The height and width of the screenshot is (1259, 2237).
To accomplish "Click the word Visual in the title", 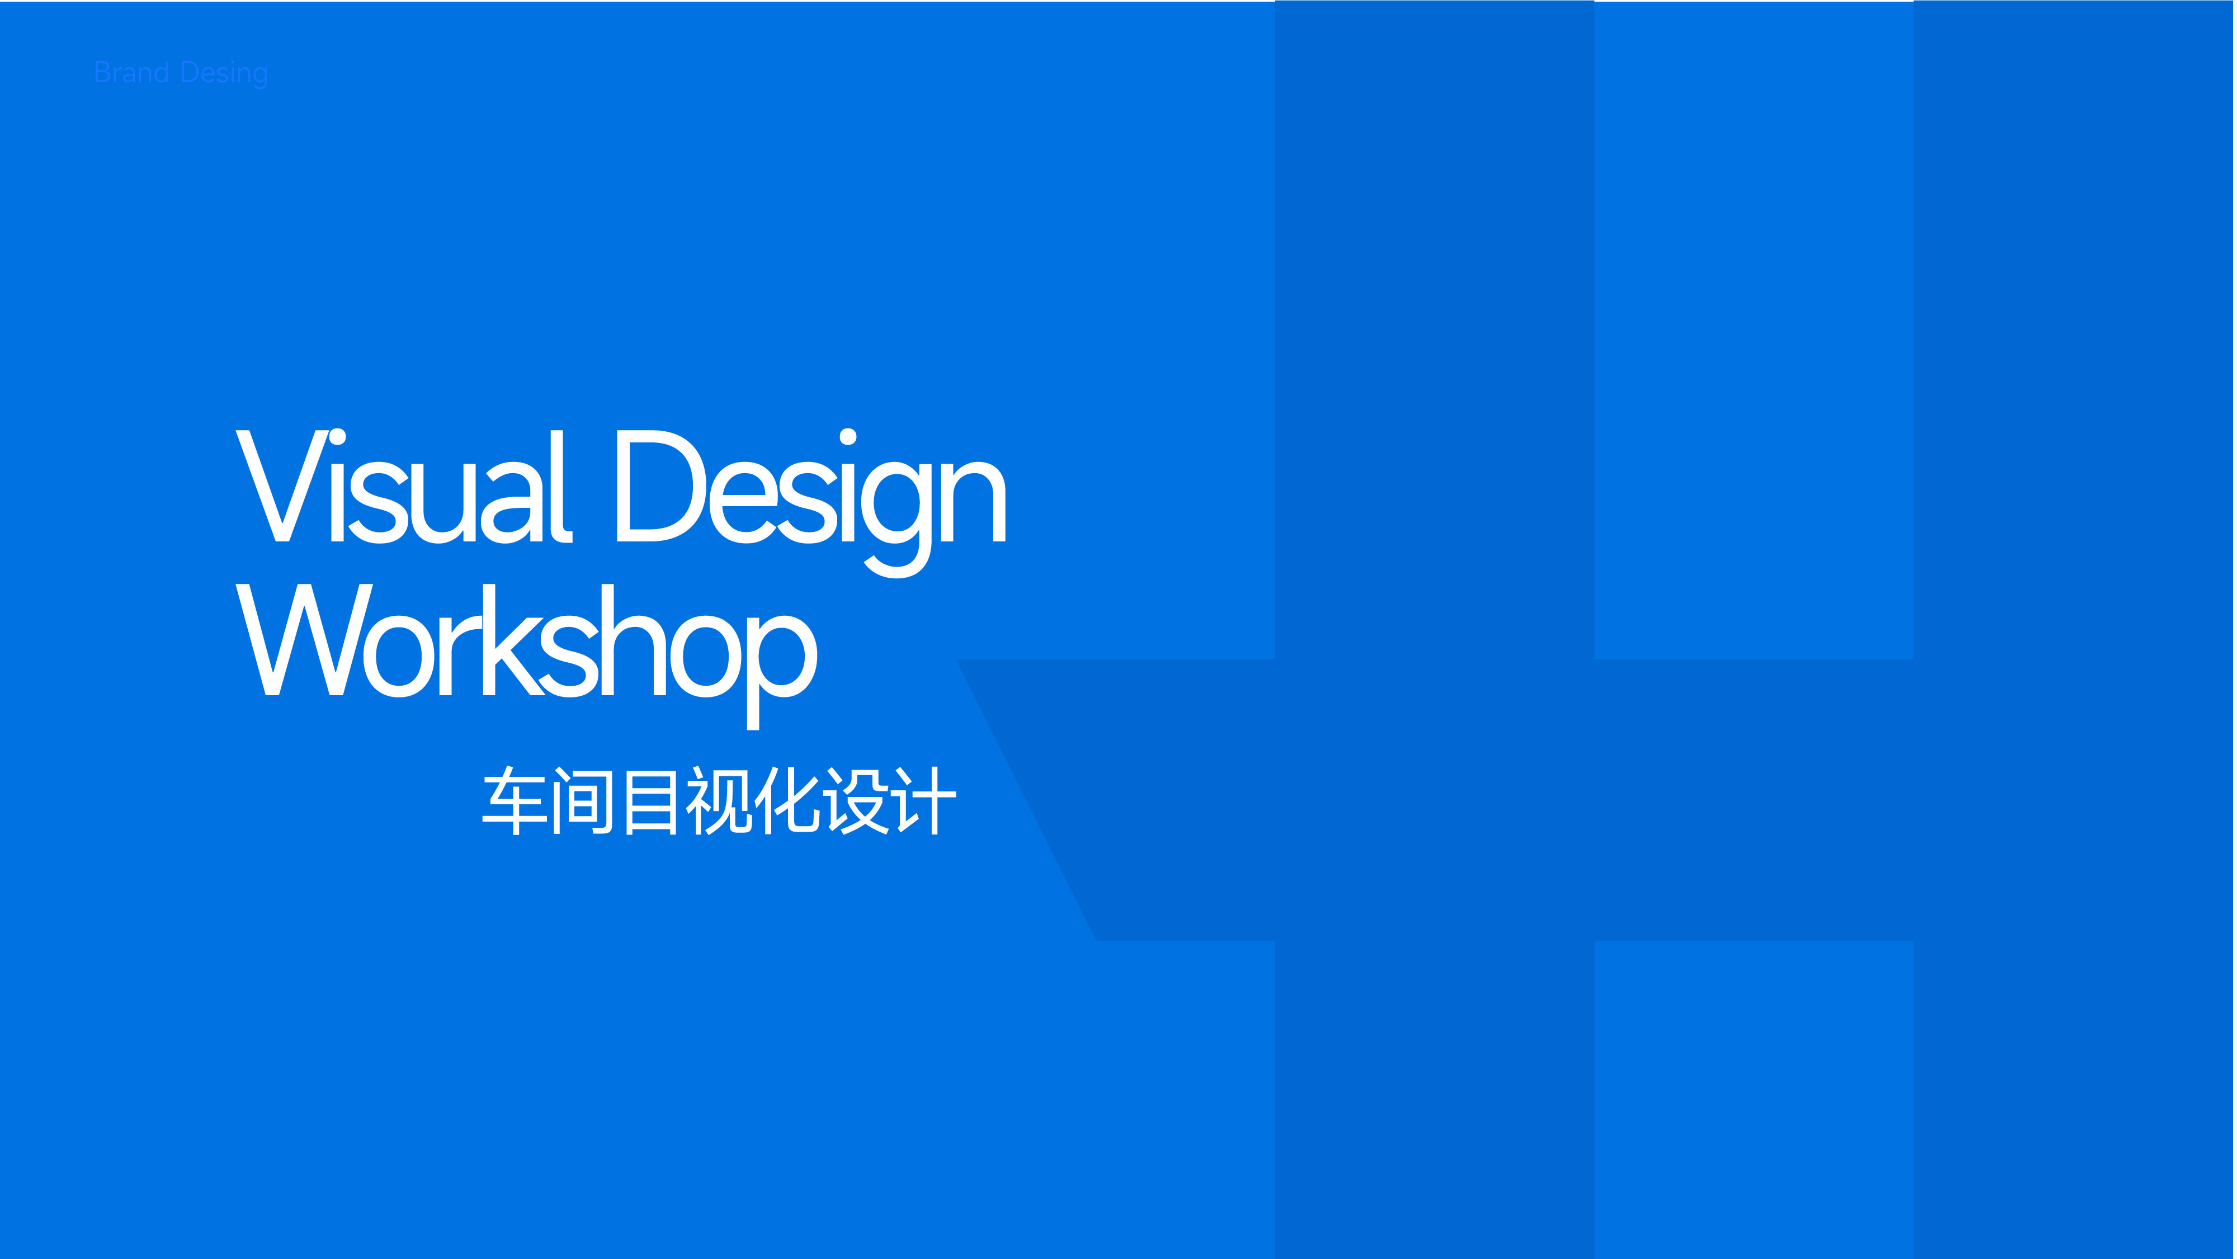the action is pyautogui.click(x=404, y=486).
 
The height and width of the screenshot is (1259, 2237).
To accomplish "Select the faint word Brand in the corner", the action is pyautogui.click(x=131, y=73).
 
